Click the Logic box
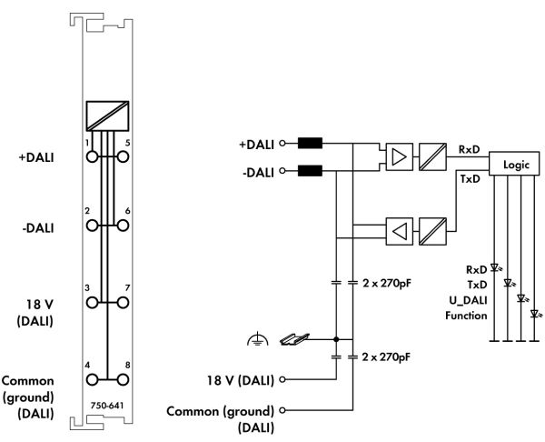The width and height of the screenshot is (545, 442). point(514,164)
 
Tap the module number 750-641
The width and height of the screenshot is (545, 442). point(107,406)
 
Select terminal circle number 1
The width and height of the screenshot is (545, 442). point(92,157)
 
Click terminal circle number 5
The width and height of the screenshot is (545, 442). point(123,157)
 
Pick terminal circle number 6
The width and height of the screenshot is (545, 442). point(123,226)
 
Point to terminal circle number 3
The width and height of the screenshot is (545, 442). point(92,303)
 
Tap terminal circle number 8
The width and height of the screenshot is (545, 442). point(123,380)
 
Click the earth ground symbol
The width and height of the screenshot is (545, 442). point(258,339)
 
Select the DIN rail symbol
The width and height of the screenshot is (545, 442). point(294,339)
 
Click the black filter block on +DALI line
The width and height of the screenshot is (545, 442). point(310,143)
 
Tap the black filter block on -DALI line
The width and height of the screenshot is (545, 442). point(310,171)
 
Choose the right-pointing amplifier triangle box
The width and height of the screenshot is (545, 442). point(400,157)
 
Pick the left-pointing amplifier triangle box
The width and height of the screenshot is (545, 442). point(400,231)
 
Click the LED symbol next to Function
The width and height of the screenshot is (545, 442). point(536,315)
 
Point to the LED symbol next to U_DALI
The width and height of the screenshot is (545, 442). point(521,298)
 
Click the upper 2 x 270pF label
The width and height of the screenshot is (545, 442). point(387,283)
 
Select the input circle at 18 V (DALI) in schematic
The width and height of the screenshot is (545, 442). point(282,379)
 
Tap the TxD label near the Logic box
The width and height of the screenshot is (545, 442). point(470,179)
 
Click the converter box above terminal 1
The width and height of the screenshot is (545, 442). point(107,116)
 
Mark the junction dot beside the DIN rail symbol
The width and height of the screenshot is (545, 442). point(336,339)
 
